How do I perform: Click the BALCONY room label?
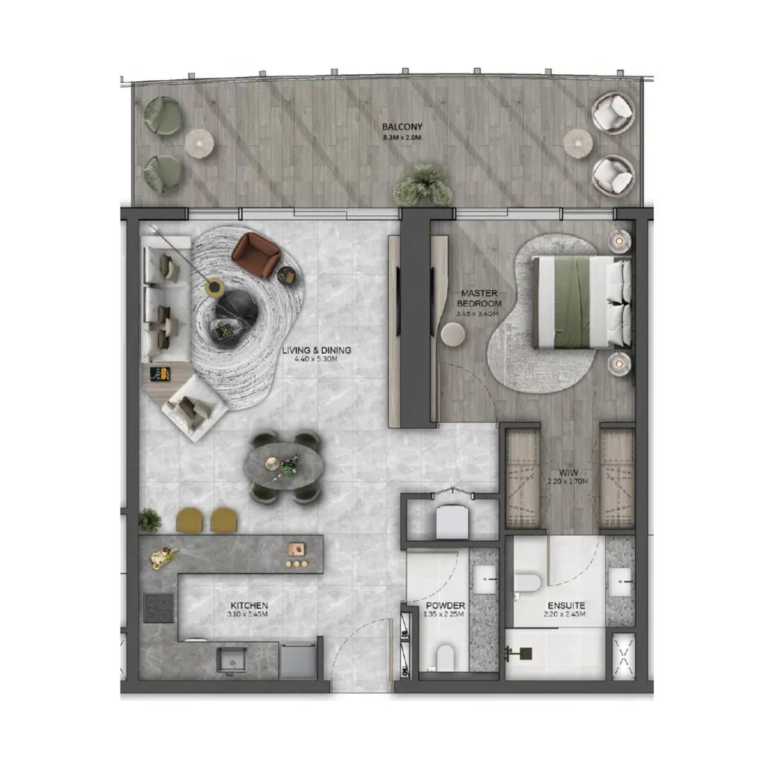398,127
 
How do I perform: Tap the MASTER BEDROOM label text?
480,298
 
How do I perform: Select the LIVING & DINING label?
316,350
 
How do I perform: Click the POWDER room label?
445,605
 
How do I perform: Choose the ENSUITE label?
566,604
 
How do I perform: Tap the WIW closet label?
568,472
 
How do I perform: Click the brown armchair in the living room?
255,253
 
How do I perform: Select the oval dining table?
284,467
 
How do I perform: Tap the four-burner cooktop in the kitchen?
159,607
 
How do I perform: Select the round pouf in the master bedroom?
452,334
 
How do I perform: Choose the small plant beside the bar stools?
150,518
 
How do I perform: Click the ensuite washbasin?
619,582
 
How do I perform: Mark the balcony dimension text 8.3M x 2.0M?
398,138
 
